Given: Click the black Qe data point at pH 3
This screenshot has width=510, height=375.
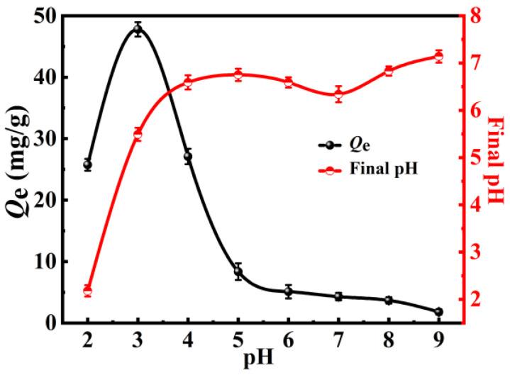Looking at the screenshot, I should click(x=138, y=29).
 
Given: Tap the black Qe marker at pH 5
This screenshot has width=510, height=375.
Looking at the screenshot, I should click(x=238, y=272).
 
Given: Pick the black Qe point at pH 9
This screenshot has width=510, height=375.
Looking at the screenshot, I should click(x=438, y=312).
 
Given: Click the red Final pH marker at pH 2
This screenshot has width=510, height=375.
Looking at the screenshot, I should click(x=88, y=291).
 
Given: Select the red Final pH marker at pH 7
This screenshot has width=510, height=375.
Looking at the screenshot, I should click(x=338, y=94).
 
